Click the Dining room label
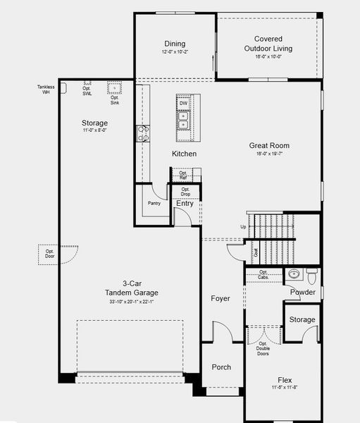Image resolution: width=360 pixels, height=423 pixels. click(175, 44)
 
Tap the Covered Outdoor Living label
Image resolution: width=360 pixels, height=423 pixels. click(268, 44)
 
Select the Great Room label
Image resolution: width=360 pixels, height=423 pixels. click(269, 146)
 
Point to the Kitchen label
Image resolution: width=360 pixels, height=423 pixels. click(184, 154)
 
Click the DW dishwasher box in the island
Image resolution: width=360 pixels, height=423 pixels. click(183, 104)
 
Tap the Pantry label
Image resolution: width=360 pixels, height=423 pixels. click(154, 203)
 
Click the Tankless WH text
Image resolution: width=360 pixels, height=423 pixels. click(46, 90)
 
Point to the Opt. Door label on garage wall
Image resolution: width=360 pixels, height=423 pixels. click(50, 254)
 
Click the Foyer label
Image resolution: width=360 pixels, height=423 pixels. click(221, 298)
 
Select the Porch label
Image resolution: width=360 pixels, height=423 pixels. click(221, 367)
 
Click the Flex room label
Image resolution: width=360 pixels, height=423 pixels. click(285, 379)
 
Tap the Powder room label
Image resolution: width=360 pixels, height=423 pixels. click(302, 292)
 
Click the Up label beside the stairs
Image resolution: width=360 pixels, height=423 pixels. click(243, 227)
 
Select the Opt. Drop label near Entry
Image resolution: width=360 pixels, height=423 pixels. click(185, 192)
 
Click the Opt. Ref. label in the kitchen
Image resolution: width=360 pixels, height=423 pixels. click(183, 175)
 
